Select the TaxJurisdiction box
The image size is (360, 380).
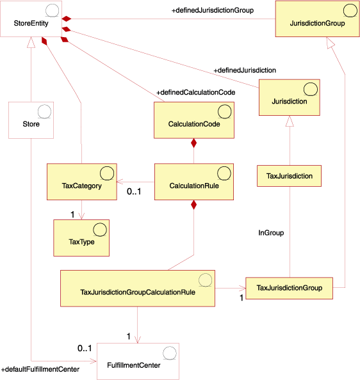coord(289,176)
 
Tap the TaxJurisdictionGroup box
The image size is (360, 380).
coord(290,289)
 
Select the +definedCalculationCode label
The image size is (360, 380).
coord(195,92)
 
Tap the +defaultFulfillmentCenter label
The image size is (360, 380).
coord(40,370)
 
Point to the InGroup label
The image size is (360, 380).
coord(271,233)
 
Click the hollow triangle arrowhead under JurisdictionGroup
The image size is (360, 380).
coord(330,42)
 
